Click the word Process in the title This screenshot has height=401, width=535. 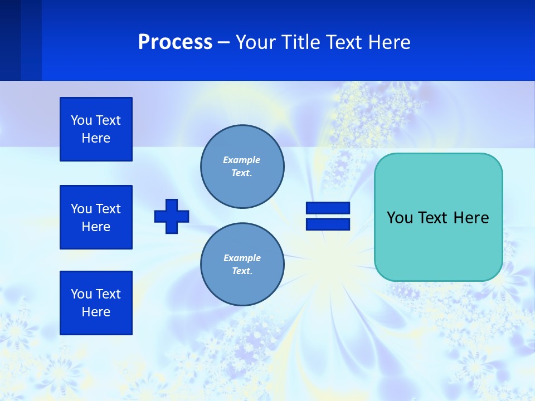click(x=175, y=42)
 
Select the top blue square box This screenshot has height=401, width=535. click(x=96, y=129)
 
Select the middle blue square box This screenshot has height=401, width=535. click(x=96, y=217)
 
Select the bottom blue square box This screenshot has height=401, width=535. click(x=96, y=303)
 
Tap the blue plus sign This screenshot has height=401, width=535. click(x=172, y=216)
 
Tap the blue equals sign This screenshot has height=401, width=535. click(x=328, y=216)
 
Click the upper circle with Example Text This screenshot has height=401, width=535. click(x=242, y=167)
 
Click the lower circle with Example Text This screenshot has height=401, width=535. click(x=242, y=265)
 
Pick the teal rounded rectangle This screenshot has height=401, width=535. click(x=438, y=217)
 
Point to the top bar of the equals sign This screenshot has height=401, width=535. click(x=328, y=208)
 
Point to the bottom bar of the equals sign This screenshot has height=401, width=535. click(x=328, y=224)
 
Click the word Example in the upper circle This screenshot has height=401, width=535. click(x=242, y=160)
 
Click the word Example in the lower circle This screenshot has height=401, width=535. click(x=242, y=258)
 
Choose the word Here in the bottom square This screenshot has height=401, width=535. click(x=96, y=312)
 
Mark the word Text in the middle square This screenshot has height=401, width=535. click(x=108, y=209)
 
